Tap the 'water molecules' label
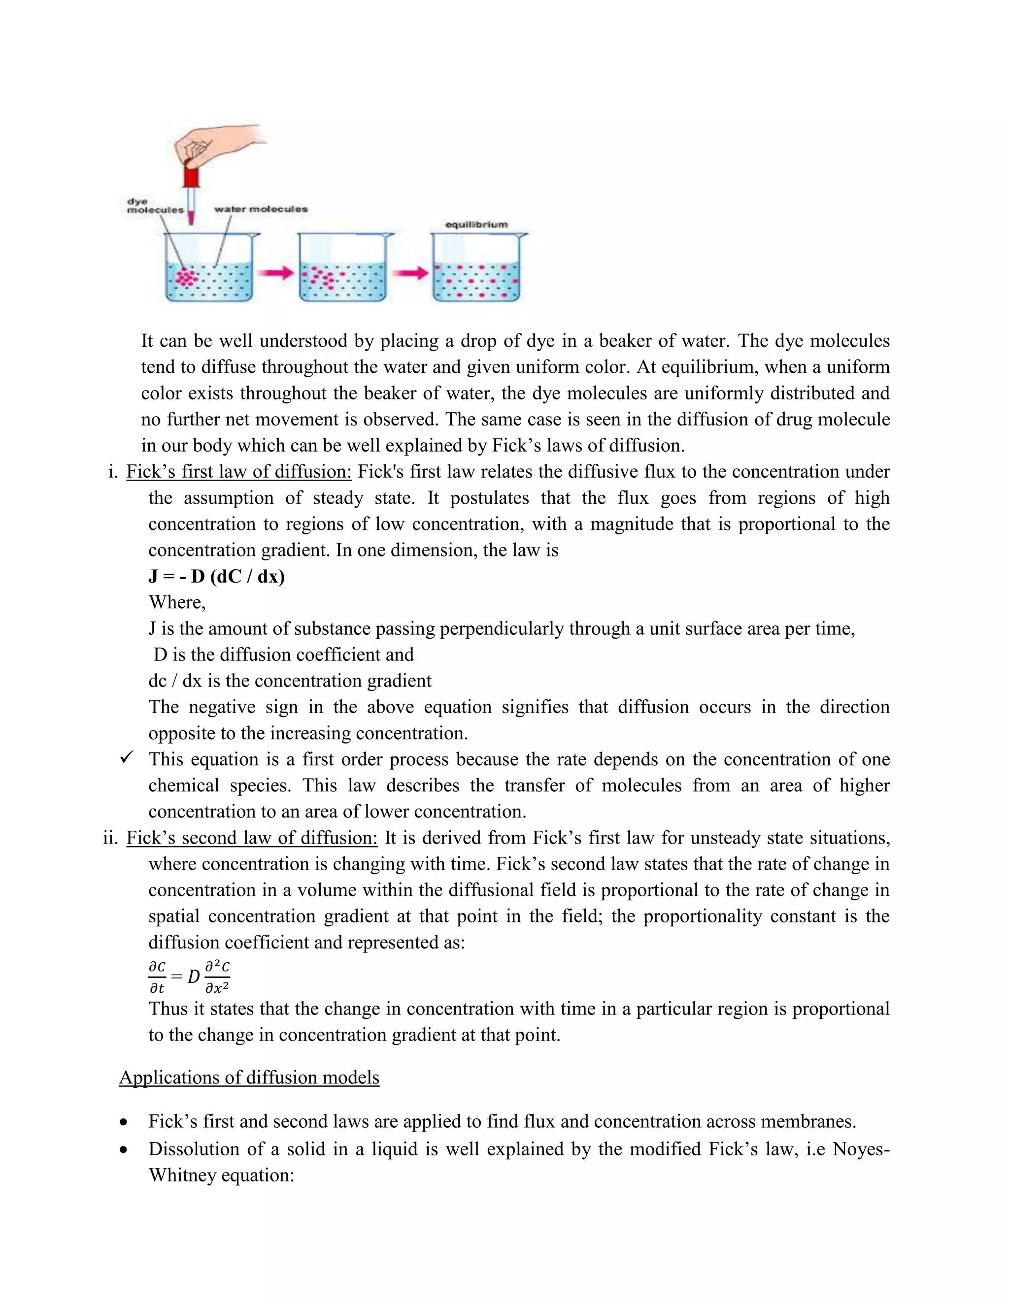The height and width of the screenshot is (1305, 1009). point(261,209)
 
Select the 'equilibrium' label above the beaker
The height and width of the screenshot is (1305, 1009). point(476,225)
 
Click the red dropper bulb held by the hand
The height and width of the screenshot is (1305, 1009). point(191,177)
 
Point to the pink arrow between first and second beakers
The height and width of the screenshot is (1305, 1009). point(276,273)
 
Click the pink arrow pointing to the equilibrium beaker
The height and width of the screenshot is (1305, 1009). point(411,273)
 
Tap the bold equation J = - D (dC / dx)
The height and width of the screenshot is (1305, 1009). point(216,576)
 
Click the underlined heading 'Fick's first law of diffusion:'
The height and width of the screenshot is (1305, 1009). point(238,471)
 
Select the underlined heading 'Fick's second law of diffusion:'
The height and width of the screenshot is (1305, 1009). point(252,838)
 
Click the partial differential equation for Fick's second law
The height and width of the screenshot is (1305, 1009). point(189,977)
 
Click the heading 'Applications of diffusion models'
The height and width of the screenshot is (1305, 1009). point(249,1077)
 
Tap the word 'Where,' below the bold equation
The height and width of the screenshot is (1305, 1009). point(177,602)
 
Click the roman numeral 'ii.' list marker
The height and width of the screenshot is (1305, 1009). point(110,838)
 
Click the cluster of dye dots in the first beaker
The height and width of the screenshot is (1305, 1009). point(188,277)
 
